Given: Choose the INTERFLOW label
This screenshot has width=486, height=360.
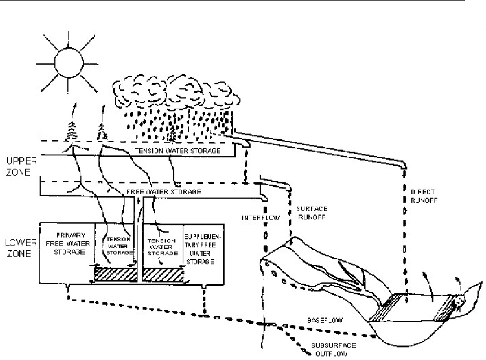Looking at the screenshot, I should point(259,217).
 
